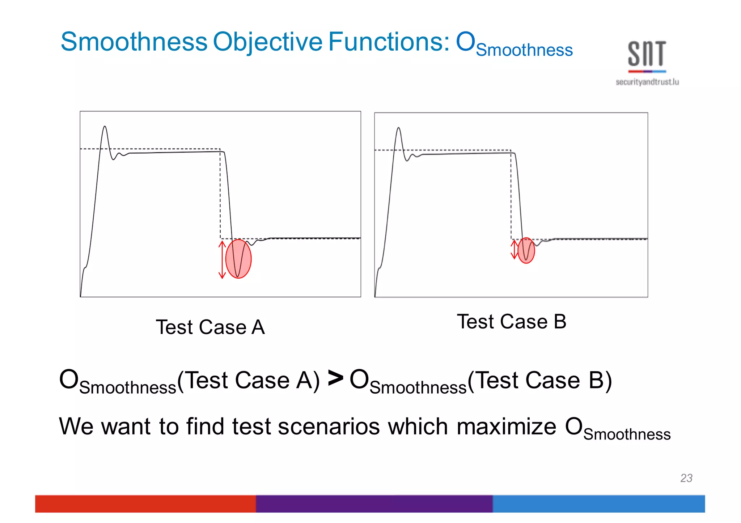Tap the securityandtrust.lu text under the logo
pos(647,82)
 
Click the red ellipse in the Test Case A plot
pos(238,258)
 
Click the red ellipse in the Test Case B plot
pos(526,250)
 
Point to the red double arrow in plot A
pos(222,260)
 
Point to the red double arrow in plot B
pos(514,249)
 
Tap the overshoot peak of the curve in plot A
pos(105,127)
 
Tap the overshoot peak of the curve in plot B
pos(398,128)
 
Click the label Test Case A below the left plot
pos(210,327)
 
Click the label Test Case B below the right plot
pos(511,321)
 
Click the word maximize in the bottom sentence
pos(506,426)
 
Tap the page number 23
pos(686,478)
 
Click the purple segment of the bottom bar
pos(374,503)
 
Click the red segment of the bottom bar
pos(145,503)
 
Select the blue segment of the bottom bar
pos(598,503)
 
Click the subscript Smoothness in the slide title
pos(524,50)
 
